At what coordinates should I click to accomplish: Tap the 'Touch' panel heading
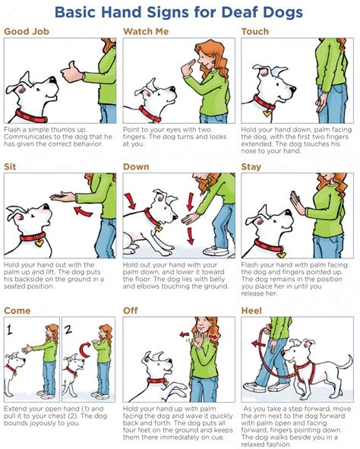254,31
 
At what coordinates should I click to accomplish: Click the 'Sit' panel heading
11,166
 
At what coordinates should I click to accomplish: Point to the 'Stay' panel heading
252,166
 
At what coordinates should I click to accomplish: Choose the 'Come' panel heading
17,310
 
